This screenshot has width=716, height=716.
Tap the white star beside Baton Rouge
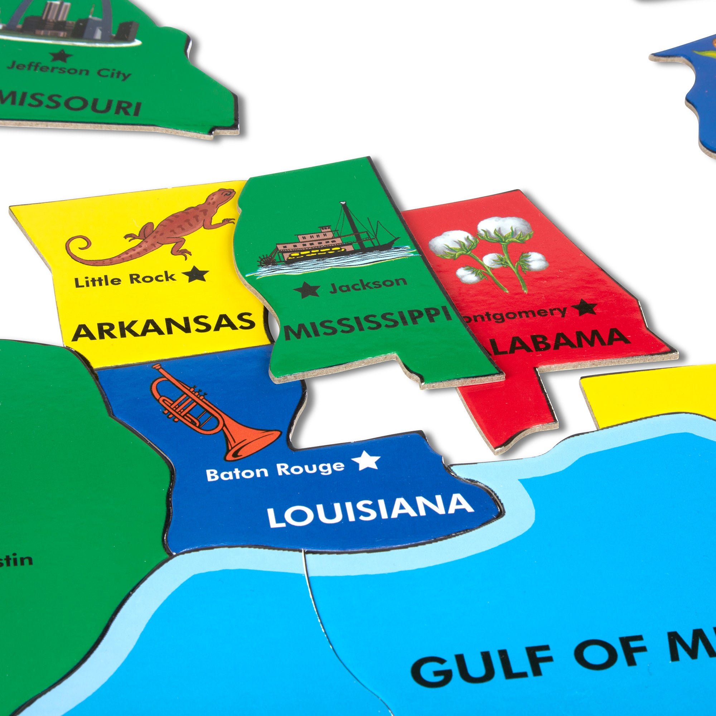(x=366, y=460)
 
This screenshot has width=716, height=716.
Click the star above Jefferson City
(x=61, y=55)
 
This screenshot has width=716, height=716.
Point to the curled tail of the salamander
(x=80, y=246)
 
